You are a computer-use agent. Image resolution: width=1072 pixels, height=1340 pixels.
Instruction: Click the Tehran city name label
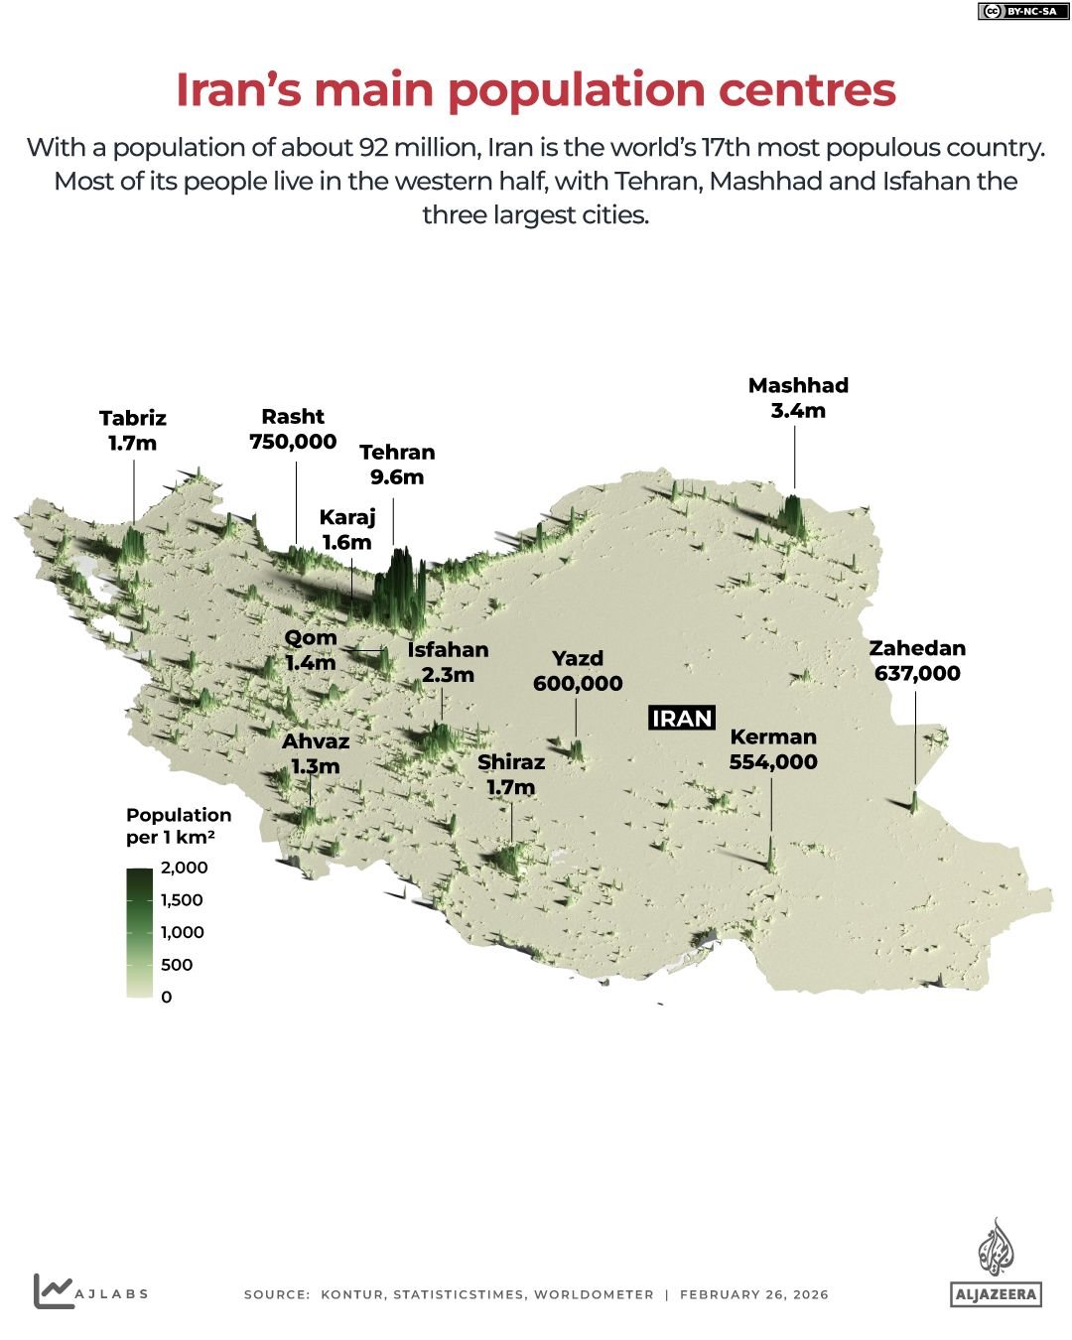(397, 453)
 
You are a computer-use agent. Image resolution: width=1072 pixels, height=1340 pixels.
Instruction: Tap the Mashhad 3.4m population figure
(798, 411)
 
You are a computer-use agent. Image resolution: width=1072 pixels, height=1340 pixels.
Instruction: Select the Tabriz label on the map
(133, 418)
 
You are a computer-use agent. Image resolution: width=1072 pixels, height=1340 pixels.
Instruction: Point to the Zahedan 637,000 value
(917, 674)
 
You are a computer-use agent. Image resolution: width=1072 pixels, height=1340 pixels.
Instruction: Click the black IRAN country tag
(682, 718)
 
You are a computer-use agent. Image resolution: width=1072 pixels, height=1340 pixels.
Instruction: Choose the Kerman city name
(773, 737)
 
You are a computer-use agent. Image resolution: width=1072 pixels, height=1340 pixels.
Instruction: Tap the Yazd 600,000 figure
(578, 684)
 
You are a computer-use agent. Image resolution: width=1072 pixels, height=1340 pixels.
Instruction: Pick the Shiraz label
(511, 762)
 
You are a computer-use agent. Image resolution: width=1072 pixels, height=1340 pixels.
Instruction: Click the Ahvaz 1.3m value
(316, 767)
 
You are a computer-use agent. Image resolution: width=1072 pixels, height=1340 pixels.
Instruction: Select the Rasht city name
(293, 417)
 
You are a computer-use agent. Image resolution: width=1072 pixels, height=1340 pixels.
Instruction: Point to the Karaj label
(347, 517)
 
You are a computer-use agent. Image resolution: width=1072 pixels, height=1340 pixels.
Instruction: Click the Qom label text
(311, 638)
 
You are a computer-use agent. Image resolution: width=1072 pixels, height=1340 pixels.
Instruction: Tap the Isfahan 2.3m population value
(448, 675)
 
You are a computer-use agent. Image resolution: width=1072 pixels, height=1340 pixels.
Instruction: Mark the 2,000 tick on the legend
(185, 868)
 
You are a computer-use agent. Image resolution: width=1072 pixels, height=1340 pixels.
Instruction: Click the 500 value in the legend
(177, 965)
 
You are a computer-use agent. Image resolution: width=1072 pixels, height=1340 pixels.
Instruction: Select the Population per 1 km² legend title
(179, 826)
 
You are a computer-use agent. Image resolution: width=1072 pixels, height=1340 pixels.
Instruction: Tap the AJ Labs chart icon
(54, 1290)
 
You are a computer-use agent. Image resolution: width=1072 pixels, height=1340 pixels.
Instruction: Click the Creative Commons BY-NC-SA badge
(1017, 12)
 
